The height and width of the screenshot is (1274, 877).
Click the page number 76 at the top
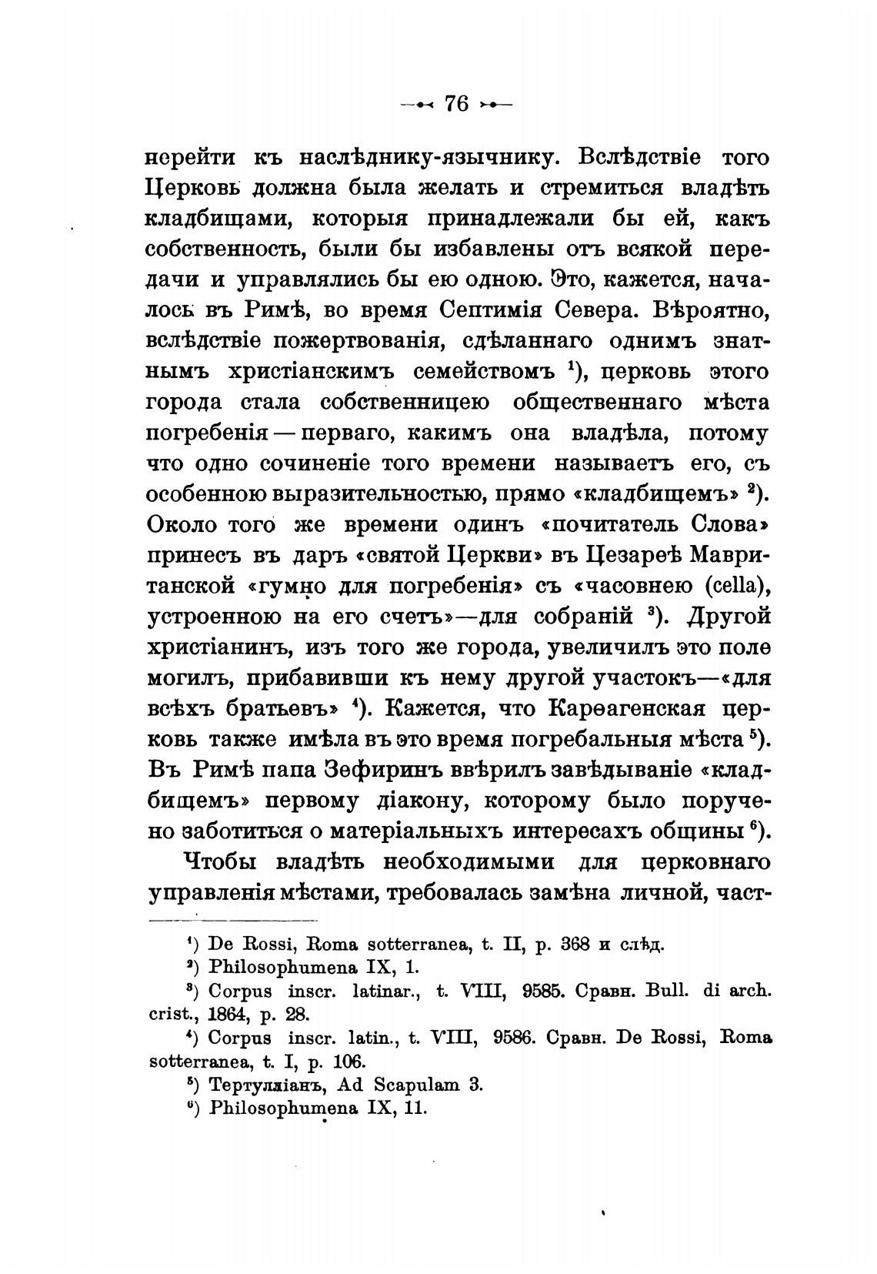tap(457, 103)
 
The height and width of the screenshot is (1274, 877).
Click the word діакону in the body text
tap(418, 801)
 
